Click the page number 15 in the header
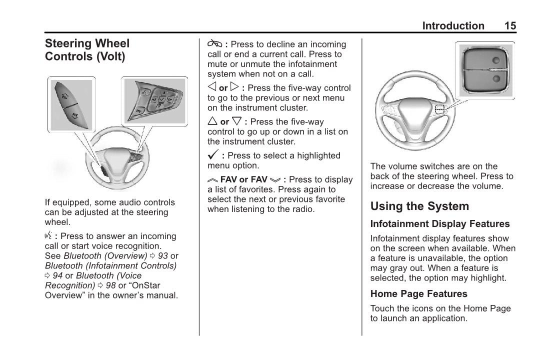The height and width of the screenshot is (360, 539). tap(510, 26)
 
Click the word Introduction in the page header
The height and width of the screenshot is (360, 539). tap(453, 26)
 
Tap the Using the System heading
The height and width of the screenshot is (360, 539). tap(419, 206)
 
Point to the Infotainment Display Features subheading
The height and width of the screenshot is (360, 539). tap(440, 224)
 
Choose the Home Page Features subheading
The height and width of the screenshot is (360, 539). tap(419, 294)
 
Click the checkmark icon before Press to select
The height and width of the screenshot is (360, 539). tap(213, 155)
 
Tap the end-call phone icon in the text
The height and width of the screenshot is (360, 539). tap(214, 44)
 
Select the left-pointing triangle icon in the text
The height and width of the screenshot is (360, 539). tap(212, 87)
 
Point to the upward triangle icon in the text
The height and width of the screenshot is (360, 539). tap(212, 121)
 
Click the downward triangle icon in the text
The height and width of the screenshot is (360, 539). tap(237, 121)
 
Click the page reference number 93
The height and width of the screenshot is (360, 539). tap(162, 256)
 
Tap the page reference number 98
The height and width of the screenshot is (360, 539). tap(110, 285)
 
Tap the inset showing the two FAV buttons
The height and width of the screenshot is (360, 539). tap(71, 104)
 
